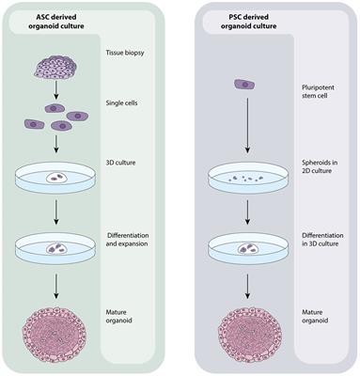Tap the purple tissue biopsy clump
point(58,65)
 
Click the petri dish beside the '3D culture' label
point(57,175)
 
